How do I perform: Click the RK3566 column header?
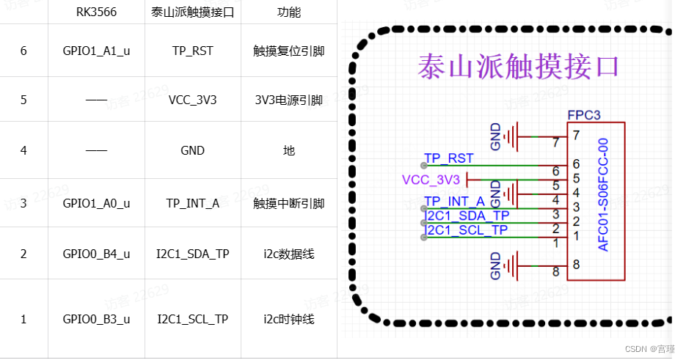[x=96, y=12]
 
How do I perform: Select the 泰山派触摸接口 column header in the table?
[x=192, y=12]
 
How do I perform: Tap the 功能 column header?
[x=288, y=12]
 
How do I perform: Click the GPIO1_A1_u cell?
[x=96, y=51]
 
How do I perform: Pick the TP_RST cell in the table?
[x=192, y=51]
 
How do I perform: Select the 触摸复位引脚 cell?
[x=288, y=51]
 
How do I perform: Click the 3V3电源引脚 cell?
[x=288, y=100]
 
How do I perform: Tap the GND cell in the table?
[x=192, y=150]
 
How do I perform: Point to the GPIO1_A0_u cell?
[x=96, y=203]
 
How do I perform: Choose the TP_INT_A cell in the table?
[x=192, y=203]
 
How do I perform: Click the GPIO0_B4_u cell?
[x=96, y=254]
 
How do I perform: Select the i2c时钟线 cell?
[x=288, y=319]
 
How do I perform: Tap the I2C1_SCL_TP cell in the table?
[x=192, y=319]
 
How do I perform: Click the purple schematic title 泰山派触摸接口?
[x=519, y=66]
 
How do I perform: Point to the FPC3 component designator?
[x=584, y=115]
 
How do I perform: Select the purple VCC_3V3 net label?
[x=431, y=180]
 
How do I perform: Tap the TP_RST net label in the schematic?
[x=449, y=158]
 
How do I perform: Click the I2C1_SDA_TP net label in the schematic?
[x=467, y=215]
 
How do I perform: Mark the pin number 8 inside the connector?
[x=576, y=264]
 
